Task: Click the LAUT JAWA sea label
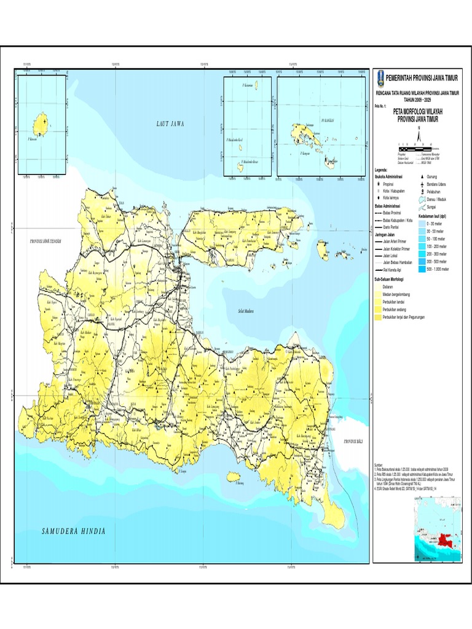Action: pyautogui.click(x=170, y=123)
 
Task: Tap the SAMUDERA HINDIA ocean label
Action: pyautogui.click(x=74, y=531)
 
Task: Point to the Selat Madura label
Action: pyautogui.click(x=246, y=311)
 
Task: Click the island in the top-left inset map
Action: pyautogui.click(x=41, y=123)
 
